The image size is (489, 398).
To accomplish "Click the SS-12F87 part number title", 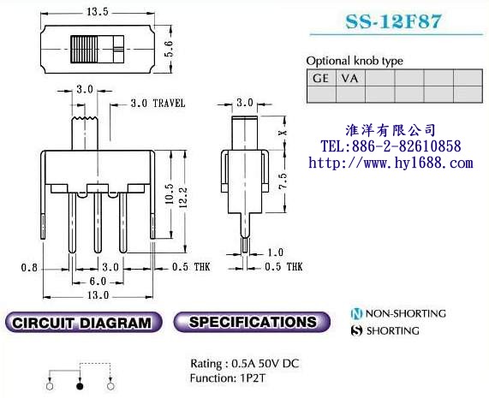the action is (393, 21).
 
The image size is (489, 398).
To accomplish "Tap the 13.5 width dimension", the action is (98, 12).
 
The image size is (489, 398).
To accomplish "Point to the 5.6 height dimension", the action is (169, 49).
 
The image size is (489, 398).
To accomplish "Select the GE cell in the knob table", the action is (321, 78).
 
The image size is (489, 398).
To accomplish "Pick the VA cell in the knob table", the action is (349, 78).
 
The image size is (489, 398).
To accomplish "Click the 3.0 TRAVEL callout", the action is (158, 104).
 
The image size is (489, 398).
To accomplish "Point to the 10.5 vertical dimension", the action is (169, 193).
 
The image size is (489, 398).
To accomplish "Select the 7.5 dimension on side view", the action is (283, 181).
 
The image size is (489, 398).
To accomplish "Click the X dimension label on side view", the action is (283, 133).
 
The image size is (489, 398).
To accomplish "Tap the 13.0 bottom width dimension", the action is (98, 294).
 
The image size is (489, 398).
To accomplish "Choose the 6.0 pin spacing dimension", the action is (98, 282).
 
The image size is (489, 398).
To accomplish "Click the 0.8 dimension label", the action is (29, 267).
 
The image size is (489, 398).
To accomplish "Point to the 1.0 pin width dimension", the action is (276, 252).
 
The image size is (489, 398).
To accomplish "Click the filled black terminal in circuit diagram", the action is (80, 387).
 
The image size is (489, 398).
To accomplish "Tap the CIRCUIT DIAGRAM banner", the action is (84, 322).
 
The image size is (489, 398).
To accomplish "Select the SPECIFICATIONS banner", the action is (252, 322).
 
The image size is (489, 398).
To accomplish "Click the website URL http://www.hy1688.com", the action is (391, 163).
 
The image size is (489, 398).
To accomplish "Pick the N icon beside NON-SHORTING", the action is (356, 313).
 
